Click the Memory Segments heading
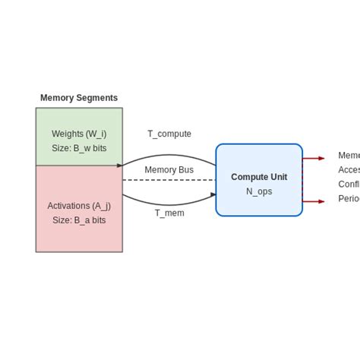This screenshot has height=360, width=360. click(79, 98)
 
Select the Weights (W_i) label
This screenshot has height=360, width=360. click(79, 134)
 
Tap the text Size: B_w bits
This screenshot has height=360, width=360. click(79, 148)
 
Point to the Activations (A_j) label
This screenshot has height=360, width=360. click(79, 205)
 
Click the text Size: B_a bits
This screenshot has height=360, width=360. click(79, 220)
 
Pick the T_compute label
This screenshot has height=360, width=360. click(169, 134)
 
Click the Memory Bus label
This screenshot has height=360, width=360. click(169, 170)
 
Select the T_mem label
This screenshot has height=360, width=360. click(169, 213)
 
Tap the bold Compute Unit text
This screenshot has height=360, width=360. click(259, 177)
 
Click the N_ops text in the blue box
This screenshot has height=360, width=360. click(259, 191)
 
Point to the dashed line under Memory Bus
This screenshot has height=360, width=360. click(169, 180)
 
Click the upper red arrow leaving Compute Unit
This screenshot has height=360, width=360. click(313, 158)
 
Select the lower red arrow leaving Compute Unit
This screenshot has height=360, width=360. click(313, 201)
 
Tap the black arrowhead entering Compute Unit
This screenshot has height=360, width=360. click(213, 194)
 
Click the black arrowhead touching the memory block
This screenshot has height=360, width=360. click(120, 166)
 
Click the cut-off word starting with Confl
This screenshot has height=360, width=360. click(349, 185)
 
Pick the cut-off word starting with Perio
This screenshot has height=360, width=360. click(349, 199)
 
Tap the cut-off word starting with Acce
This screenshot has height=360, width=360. click(349, 170)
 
